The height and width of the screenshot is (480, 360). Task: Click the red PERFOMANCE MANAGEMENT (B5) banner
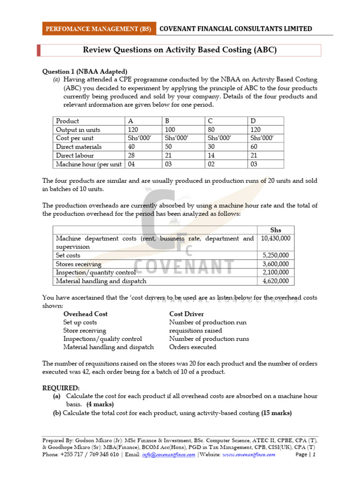point(98,29)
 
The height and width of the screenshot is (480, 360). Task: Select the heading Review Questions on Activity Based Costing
point(180,50)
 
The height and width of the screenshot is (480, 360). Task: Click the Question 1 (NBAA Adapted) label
point(85,71)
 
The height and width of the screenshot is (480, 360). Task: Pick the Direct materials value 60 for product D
point(255,147)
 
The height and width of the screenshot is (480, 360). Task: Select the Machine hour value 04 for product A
point(132,164)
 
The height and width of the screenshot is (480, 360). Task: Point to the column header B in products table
point(166,121)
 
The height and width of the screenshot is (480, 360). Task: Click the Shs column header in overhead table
point(276,230)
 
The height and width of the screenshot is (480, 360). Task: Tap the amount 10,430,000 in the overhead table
point(276,238)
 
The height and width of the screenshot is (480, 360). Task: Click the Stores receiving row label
point(78,264)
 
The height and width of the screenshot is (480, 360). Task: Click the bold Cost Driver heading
point(186,314)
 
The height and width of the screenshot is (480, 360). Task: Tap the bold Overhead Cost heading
point(85,314)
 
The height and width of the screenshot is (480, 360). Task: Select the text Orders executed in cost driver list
point(193,347)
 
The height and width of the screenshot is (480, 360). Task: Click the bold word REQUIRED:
point(61,388)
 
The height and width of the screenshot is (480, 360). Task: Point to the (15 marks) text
point(276,413)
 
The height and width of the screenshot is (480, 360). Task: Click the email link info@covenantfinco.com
point(169,455)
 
